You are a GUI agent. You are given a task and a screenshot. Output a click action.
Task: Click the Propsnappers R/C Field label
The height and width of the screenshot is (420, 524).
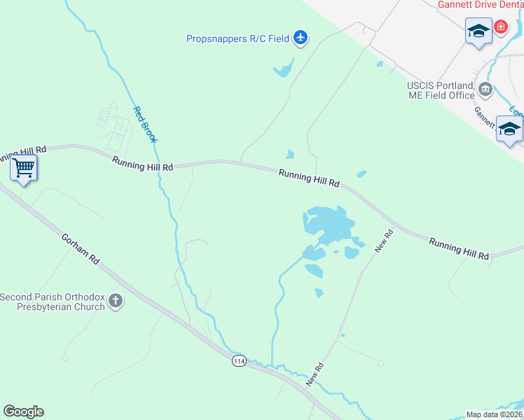point(237,39)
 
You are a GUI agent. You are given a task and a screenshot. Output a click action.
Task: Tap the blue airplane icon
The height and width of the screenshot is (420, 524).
point(301,37)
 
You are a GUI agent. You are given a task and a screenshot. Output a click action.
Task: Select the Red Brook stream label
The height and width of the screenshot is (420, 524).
point(145,124)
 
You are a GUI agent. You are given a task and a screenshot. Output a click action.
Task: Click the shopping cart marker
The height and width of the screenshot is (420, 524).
point(24,168)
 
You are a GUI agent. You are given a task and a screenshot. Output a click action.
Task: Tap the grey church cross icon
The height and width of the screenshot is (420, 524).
point(116,302)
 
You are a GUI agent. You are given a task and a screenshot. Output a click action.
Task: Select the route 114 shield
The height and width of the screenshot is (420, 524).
point(240,360)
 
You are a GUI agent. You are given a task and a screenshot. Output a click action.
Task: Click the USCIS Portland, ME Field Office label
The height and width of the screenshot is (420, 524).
point(441,91)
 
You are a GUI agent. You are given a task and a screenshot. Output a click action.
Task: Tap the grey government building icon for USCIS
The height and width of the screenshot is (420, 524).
point(485,90)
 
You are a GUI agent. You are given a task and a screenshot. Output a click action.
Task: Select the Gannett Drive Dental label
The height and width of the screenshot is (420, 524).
point(481,4)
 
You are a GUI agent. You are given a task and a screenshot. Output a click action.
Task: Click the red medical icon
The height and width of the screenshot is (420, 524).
point(501,27)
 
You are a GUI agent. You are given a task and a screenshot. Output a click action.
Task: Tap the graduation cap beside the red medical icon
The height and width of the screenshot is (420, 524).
point(478,31)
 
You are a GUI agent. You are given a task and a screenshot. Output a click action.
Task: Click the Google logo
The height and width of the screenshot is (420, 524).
point(23,412)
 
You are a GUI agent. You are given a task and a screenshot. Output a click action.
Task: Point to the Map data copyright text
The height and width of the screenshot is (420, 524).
point(495,414)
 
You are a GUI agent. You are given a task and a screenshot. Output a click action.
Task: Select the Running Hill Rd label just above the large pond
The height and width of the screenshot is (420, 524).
point(309,178)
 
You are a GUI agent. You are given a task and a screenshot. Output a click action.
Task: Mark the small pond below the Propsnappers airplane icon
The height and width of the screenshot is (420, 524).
point(283,69)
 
